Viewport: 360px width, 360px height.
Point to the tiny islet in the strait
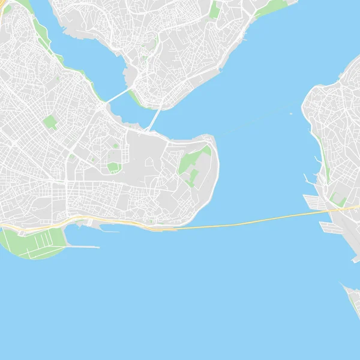pyautogui.click(x=292, y=113)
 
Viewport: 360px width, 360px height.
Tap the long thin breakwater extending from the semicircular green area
pyautogui.click(x=84, y=247)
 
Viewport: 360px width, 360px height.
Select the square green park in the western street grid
pyautogui.click(x=50, y=123)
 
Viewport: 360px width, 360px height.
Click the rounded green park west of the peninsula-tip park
pyautogui.click(x=113, y=166)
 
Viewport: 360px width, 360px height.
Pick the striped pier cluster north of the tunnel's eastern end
pyautogui.click(x=316, y=201)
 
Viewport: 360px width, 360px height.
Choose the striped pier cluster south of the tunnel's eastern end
pyautogui.click(x=330, y=227)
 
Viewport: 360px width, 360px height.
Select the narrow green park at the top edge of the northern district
pyautogui.click(x=214, y=9)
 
